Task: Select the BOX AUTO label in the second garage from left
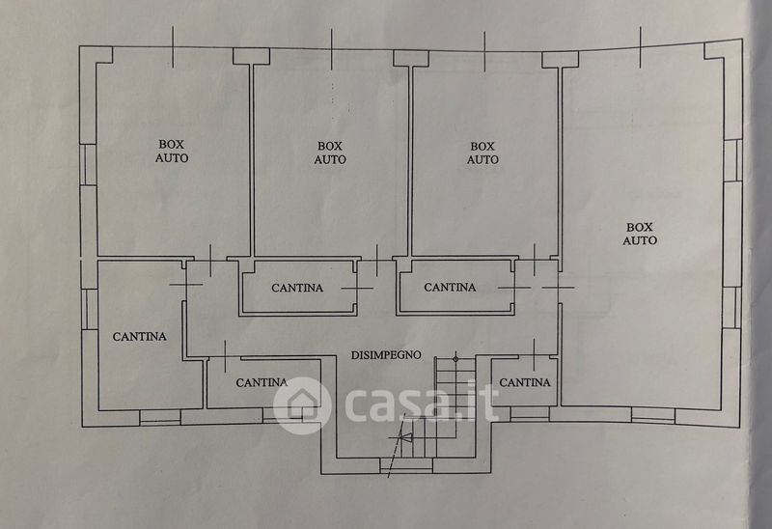[x=330, y=153]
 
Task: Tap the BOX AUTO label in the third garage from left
[x=483, y=153]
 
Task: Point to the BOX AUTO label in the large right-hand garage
[x=640, y=233]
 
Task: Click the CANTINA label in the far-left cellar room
[x=140, y=337]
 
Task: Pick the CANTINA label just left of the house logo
[x=262, y=382]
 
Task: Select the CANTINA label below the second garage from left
[x=297, y=288]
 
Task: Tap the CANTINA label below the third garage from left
[x=450, y=287]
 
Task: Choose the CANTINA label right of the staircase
[x=525, y=382]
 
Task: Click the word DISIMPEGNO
[x=386, y=354]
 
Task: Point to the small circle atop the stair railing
[x=455, y=357]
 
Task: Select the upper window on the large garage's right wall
[x=732, y=159]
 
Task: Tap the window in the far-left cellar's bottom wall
[x=160, y=417]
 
